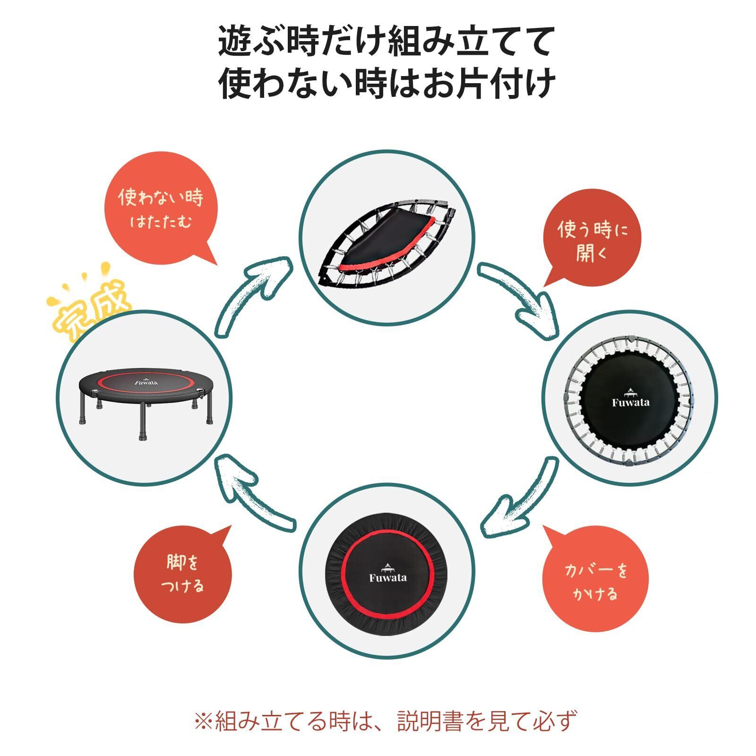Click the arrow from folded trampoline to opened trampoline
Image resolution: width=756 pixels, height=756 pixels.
520,298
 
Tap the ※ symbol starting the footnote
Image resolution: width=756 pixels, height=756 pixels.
205,721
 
